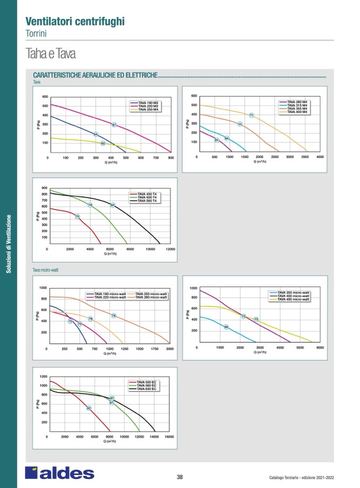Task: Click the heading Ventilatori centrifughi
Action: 75,21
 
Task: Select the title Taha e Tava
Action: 51,54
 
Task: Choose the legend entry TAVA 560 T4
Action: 147,201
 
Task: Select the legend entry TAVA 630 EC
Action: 147,389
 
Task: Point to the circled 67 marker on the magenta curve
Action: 114,125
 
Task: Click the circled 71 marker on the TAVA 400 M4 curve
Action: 251,115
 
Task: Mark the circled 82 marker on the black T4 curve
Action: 113,205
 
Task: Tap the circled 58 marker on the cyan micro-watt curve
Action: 226,327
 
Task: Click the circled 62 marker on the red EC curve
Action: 89,408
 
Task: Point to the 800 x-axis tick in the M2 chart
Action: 171,158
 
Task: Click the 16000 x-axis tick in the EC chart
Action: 170,437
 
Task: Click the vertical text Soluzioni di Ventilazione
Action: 8,243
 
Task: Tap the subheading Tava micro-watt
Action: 46,270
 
